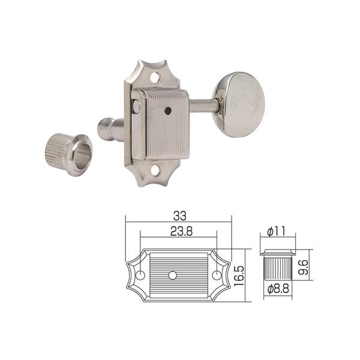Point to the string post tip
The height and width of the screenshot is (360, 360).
103,127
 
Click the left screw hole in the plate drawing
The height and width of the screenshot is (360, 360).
141,274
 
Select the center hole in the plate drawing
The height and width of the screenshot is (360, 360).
173,274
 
